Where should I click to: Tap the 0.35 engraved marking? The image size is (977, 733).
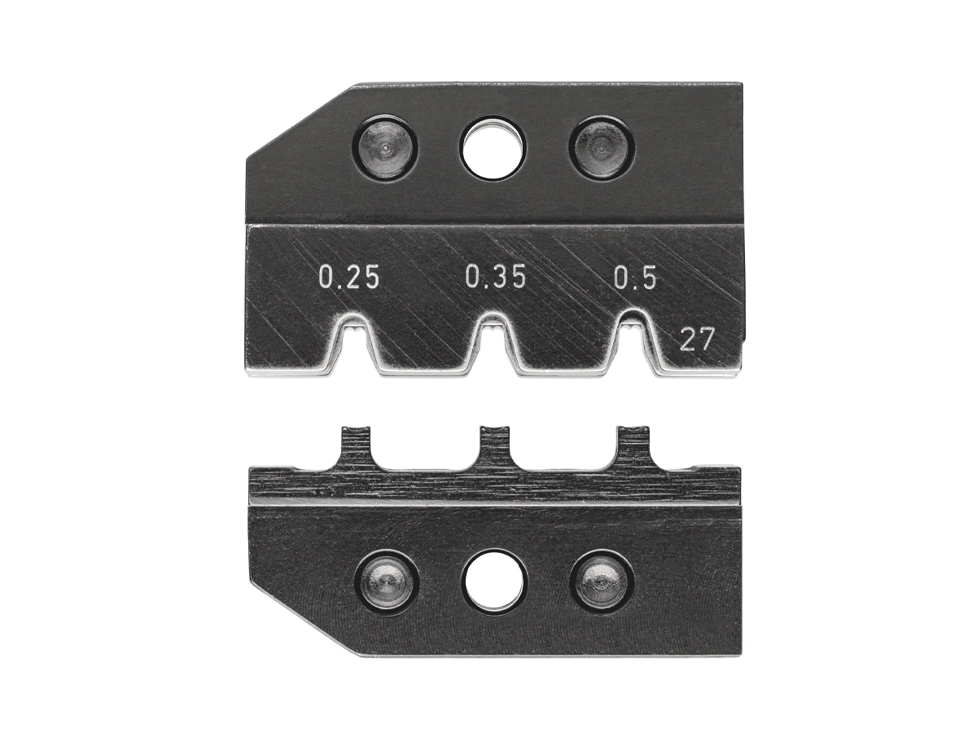(495, 277)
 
